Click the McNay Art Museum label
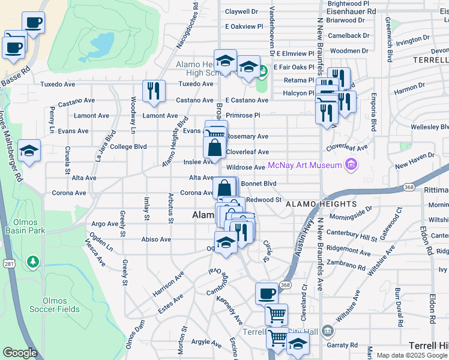pyautogui.click(x=305, y=165)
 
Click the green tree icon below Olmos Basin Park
pyautogui.click(x=32, y=262)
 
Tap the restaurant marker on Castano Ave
pyautogui.click(x=154, y=91)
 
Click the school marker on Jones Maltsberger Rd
pyautogui.click(x=29, y=152)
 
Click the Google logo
pyautogui.click(x=20, y=353)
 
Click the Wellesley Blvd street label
pyautogui.click(x=430, y=127)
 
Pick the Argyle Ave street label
pyautogui.click(x=206, y=343)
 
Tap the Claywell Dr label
pyautogui.click(x=241, y=11)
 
